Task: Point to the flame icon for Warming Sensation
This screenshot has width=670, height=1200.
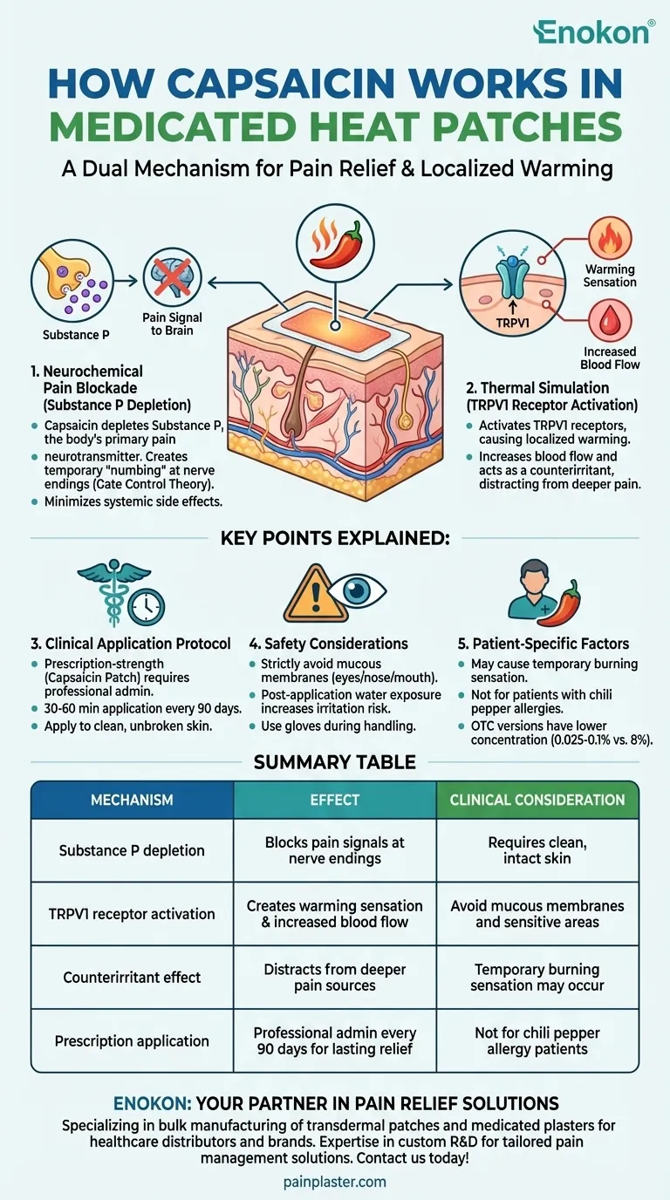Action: [610, 239]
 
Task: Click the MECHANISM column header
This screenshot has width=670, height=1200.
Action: [132, 800]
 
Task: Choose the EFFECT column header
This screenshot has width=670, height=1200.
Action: [335, 800]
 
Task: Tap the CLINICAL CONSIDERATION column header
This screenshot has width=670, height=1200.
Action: [537, 800]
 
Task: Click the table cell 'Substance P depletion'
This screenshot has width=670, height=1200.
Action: [132, 850]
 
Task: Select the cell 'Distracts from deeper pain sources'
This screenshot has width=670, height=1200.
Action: [335, 977]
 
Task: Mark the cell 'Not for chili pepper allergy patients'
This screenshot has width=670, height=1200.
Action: [537, 1040]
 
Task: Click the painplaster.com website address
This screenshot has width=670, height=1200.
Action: [335, 1182]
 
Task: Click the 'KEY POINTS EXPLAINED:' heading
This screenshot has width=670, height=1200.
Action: [335, 539]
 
